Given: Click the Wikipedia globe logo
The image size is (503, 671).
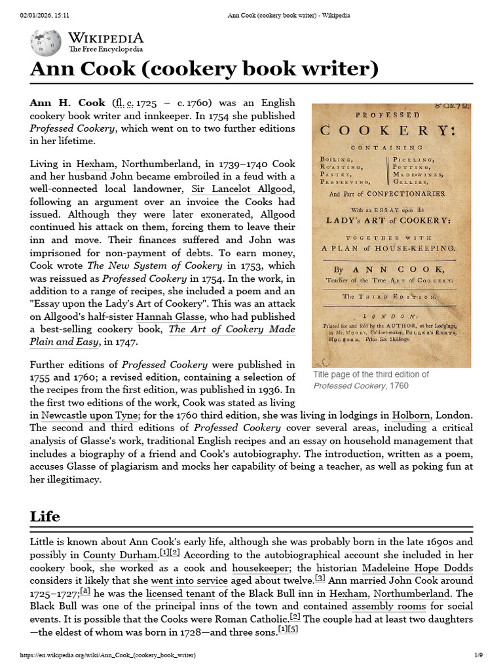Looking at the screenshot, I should pos(46,43).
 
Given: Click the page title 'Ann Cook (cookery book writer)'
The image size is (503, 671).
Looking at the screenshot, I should pos(204,69).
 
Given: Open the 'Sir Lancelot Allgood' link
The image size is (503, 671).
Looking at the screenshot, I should pos(243,189).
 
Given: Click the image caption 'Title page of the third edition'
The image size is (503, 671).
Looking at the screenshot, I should pos(371,374).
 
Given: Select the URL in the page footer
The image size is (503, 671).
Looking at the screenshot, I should pos(107,655).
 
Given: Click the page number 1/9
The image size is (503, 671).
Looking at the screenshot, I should pos(478,655).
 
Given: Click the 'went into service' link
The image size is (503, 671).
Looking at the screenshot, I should pos(189,580).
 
